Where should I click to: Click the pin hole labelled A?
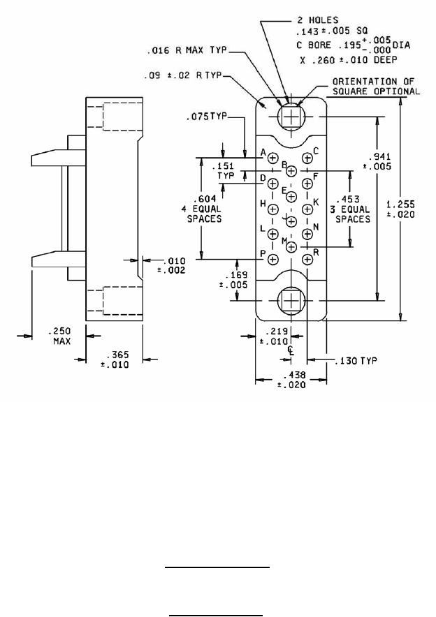(273, 158)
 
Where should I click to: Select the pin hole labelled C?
(307, 158)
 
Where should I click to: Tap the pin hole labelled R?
(307, 260)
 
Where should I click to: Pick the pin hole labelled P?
(273, 260)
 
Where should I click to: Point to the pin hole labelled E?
(291, 196)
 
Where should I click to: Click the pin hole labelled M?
(291, 246)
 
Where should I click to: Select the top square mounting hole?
(291, 117)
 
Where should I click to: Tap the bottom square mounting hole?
(291, 301)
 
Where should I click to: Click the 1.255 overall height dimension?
(400, 209)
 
